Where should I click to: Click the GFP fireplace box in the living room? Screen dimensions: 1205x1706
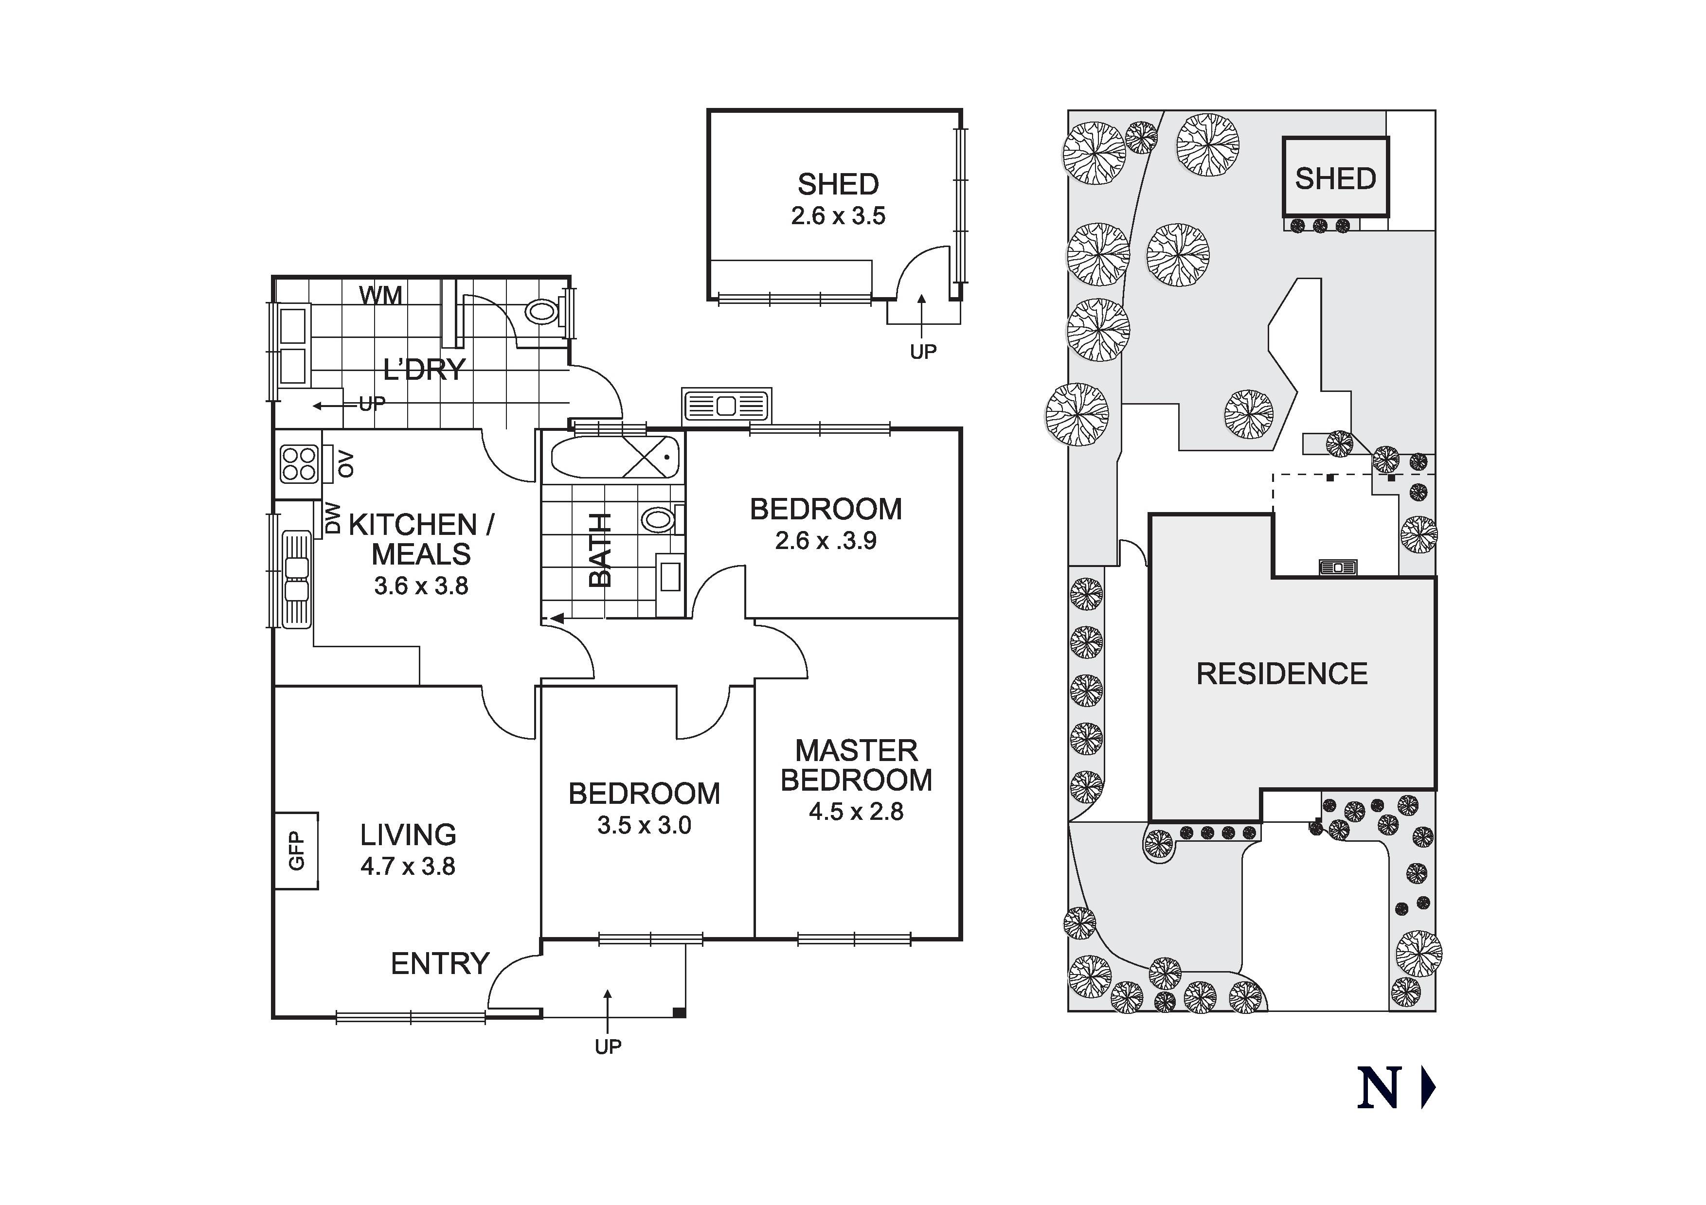pyautogui.click(x=296, y=851)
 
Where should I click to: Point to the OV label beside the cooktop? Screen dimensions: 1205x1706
pyautogui.click(x=345, y=464)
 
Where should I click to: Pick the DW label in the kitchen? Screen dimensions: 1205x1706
pyautogui.click(x=333, y=518)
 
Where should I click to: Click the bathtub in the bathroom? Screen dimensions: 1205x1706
pyautogui.click(x=615, y=458)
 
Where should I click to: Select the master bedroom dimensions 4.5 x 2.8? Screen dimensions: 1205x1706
pyautogui.click(x=856, y=811)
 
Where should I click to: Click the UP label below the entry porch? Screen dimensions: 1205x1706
pyautogui.click(x=608, y=1047)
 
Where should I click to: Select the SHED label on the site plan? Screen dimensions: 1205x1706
pyautogui.click(x=1335, y=178)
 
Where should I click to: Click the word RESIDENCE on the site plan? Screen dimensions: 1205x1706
pyautogui.click(x=1282, y=674)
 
